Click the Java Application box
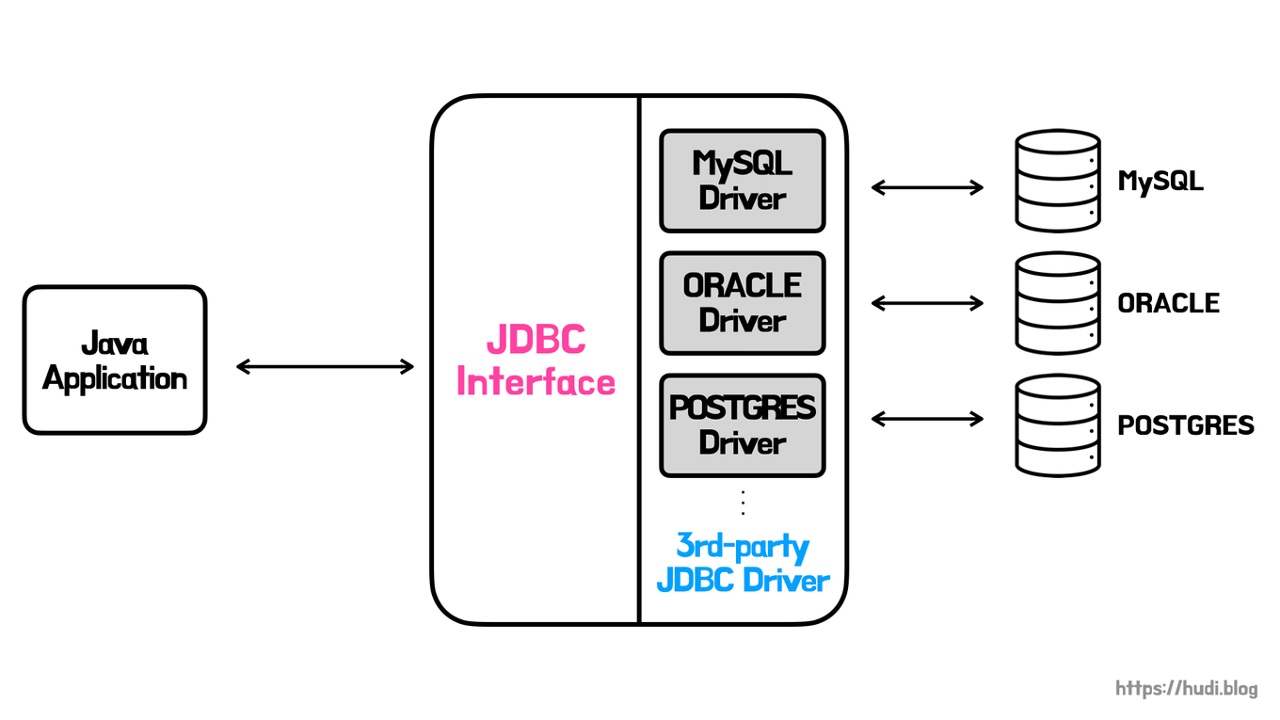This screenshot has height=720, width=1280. click(114, 360)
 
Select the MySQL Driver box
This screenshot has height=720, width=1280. click(742, 181)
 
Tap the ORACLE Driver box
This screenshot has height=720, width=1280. click(742, 303)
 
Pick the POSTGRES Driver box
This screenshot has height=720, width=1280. click(742, 425)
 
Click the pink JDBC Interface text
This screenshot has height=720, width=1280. click(536, 361)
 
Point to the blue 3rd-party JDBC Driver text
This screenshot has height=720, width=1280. click(743, 563)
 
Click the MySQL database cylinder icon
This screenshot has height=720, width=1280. click(1057, 181)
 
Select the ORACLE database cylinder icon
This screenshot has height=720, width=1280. click(1057, 303)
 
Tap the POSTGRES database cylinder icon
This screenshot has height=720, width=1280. click(1057, 425)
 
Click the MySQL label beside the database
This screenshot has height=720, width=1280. click(1160, 181)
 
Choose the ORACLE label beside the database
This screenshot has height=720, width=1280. click(1168, 303)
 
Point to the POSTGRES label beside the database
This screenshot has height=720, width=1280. click(1185, 425)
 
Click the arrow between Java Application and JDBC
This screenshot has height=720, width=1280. click(325, 366)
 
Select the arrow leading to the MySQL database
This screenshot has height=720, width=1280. click(927, 187)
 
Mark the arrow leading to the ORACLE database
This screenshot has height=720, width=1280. click(927, 303)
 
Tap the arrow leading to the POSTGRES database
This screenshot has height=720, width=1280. click(927, 418)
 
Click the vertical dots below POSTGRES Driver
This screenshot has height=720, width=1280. click(743, 503)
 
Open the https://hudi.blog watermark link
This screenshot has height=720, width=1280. click(1186, 689)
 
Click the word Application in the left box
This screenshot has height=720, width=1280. click(114, 379)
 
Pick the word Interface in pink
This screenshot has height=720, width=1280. click(536, 383)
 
